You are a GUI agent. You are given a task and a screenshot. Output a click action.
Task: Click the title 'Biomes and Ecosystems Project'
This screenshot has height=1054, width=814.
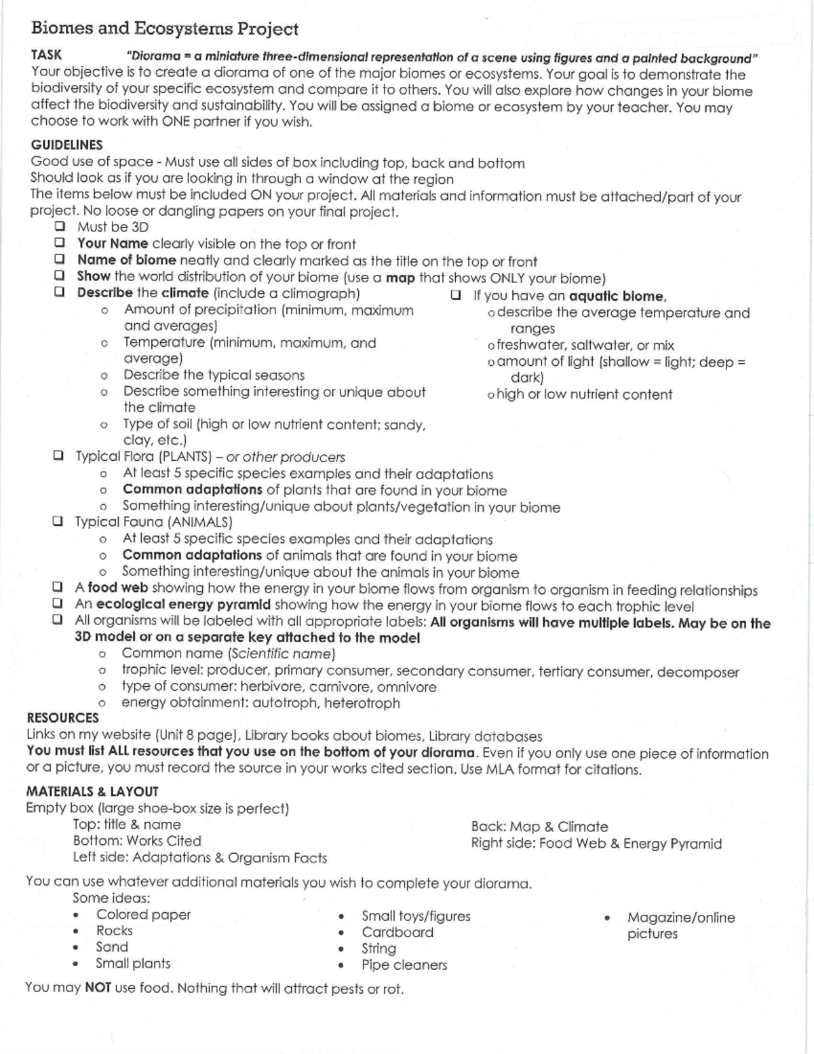point(164,29)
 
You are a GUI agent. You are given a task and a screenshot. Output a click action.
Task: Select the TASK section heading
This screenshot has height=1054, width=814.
point(46,56)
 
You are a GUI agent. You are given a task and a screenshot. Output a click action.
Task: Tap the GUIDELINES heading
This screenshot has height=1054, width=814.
point(66,145)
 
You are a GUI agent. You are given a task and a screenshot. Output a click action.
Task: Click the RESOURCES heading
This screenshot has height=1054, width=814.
point(62,718)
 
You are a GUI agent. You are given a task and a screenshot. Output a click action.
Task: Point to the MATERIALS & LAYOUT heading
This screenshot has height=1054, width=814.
point(92,791)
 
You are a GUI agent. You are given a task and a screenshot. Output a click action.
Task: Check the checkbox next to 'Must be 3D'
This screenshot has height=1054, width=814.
point(60,227)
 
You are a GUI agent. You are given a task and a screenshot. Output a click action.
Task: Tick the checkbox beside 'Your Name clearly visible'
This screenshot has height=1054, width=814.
point(60,243)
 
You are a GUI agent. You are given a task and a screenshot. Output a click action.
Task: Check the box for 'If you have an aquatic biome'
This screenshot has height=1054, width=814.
point(456,295)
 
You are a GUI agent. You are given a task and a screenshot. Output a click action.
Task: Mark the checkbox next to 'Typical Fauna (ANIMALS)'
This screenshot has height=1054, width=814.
point(58,522)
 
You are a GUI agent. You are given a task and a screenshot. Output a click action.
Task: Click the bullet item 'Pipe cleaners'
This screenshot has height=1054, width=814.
point(404,964)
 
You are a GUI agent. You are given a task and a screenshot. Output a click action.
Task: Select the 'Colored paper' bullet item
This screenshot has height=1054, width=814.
point(143,915)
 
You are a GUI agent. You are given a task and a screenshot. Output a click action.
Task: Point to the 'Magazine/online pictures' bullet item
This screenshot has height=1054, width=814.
point(680,925)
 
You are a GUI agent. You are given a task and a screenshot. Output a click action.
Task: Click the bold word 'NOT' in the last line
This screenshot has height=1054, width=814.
point(98,987)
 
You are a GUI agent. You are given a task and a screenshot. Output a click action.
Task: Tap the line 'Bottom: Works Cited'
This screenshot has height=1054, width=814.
point(137,841)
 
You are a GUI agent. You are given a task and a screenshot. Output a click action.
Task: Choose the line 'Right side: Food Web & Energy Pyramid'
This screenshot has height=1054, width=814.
point(596,844)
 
